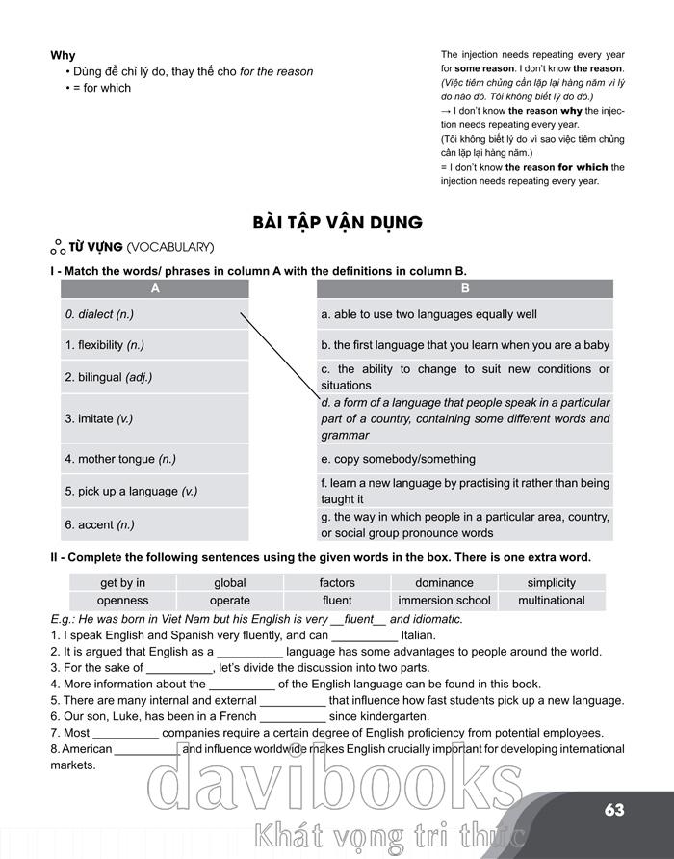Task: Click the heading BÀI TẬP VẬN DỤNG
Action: click(x=337, y=223)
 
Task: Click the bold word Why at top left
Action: click(x=63, y=55)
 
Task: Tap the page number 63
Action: click(x=615, y=810)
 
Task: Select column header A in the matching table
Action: click(x=154, y=288)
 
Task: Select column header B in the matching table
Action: click(x=464, y=288)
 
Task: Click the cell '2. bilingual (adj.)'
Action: click(x=108, y=377)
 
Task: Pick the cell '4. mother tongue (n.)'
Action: click(x=119, y=459)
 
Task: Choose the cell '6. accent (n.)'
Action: click(x=99, y=524)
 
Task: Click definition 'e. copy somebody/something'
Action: click(x=398, y=459)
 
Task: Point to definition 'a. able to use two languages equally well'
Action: click(x=428, y=314)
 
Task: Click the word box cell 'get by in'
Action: click(x=122, y=582)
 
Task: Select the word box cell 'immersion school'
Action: click(x=444, y=600)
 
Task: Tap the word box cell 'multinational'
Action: click(x=551, y=600)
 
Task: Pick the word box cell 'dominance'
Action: click(x=444, y=582)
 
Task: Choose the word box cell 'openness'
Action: click(x=122, y=600)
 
